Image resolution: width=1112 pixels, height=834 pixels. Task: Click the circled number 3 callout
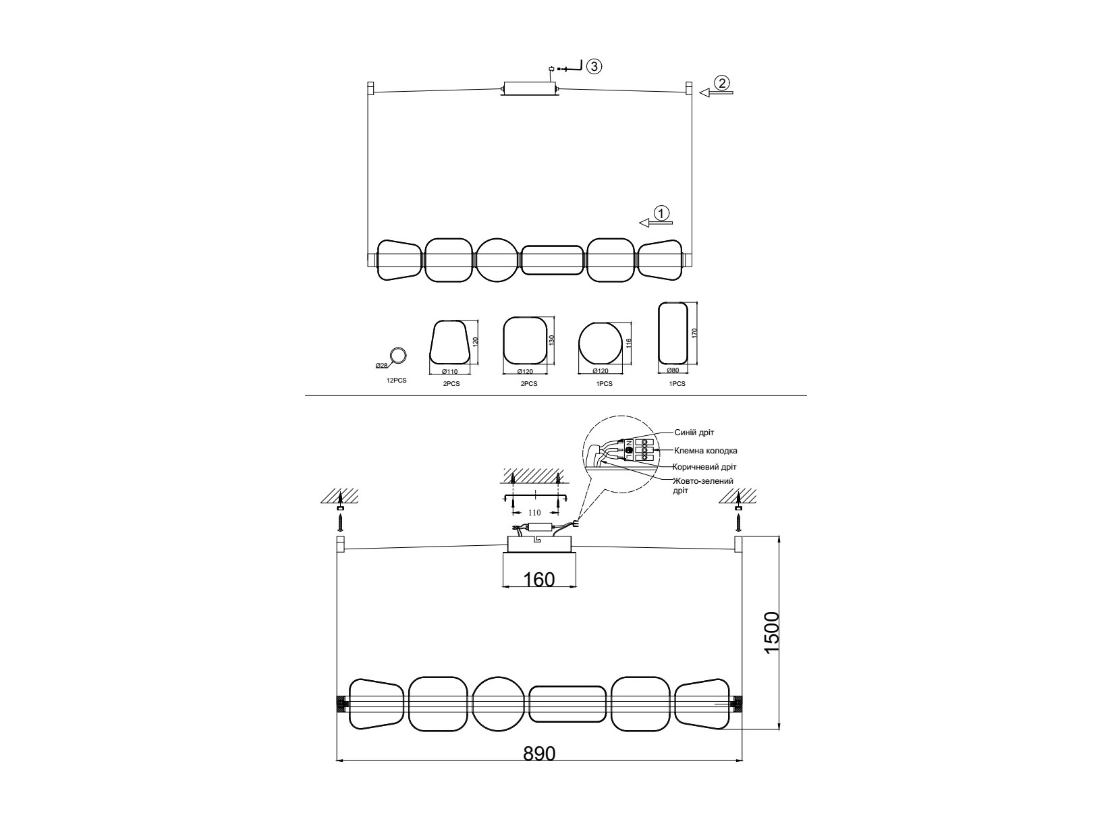point(594,66)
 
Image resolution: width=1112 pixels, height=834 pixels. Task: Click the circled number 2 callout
point(722,82)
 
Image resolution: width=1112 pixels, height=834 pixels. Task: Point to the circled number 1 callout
point(662,213)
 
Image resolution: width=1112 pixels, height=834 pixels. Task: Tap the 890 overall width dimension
point(539,754)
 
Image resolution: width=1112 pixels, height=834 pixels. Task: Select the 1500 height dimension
point(771,633)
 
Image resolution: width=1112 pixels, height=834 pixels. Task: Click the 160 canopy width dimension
point(539,580)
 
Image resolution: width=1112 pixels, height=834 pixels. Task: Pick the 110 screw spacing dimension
point(534,513)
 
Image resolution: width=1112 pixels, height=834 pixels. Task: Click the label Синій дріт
point(694,433)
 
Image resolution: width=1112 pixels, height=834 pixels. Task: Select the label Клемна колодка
point(706,450)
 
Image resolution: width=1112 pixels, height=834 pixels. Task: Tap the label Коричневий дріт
point(704,466)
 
